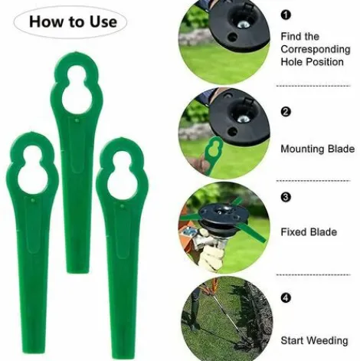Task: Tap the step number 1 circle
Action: pyautogui.click(x=286, y=15)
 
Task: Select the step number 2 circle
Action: pyautogui.click(x=286, y=112)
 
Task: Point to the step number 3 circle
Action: pyautogui.click(x=286, y=197)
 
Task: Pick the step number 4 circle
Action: pyautogui.click(x=286, y=297)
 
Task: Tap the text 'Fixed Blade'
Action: pyautogui.click(x=309, y=231)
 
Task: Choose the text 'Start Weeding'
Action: pyautogui.click(x=315, y=340)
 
